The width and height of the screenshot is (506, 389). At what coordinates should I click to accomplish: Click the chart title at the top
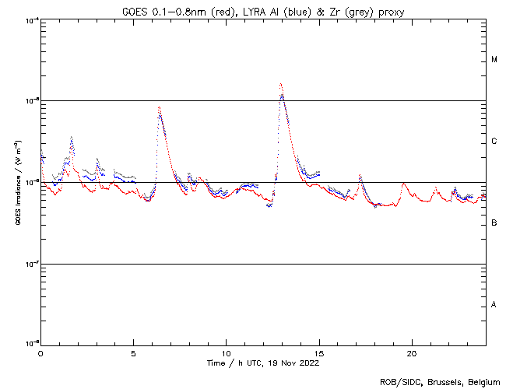pos(263,10)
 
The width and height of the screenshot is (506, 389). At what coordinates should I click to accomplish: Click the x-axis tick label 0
pos(40,352)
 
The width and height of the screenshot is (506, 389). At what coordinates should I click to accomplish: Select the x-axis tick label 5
pos(133,352)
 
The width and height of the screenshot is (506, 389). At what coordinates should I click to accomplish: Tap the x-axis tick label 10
pos(226,352)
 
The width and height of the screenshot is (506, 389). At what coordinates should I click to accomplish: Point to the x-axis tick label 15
pos(318,352)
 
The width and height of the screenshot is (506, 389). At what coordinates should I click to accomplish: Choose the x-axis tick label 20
pos(411,352)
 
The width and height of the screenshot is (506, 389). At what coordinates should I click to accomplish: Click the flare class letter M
pos(494,60)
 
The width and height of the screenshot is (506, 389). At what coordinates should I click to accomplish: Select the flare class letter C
pos(494,142)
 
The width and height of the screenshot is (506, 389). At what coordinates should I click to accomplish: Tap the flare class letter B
pos(494,223)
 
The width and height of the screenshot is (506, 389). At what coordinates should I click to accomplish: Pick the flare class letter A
pos(494,304)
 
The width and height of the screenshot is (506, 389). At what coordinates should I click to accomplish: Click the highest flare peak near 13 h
pos(280,84)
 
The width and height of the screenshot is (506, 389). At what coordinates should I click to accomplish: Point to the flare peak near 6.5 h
pos(160,107)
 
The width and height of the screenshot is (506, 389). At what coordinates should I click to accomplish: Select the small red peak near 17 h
pos(360,177)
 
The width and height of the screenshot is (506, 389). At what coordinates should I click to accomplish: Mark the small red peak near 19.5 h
pos(402,184)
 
